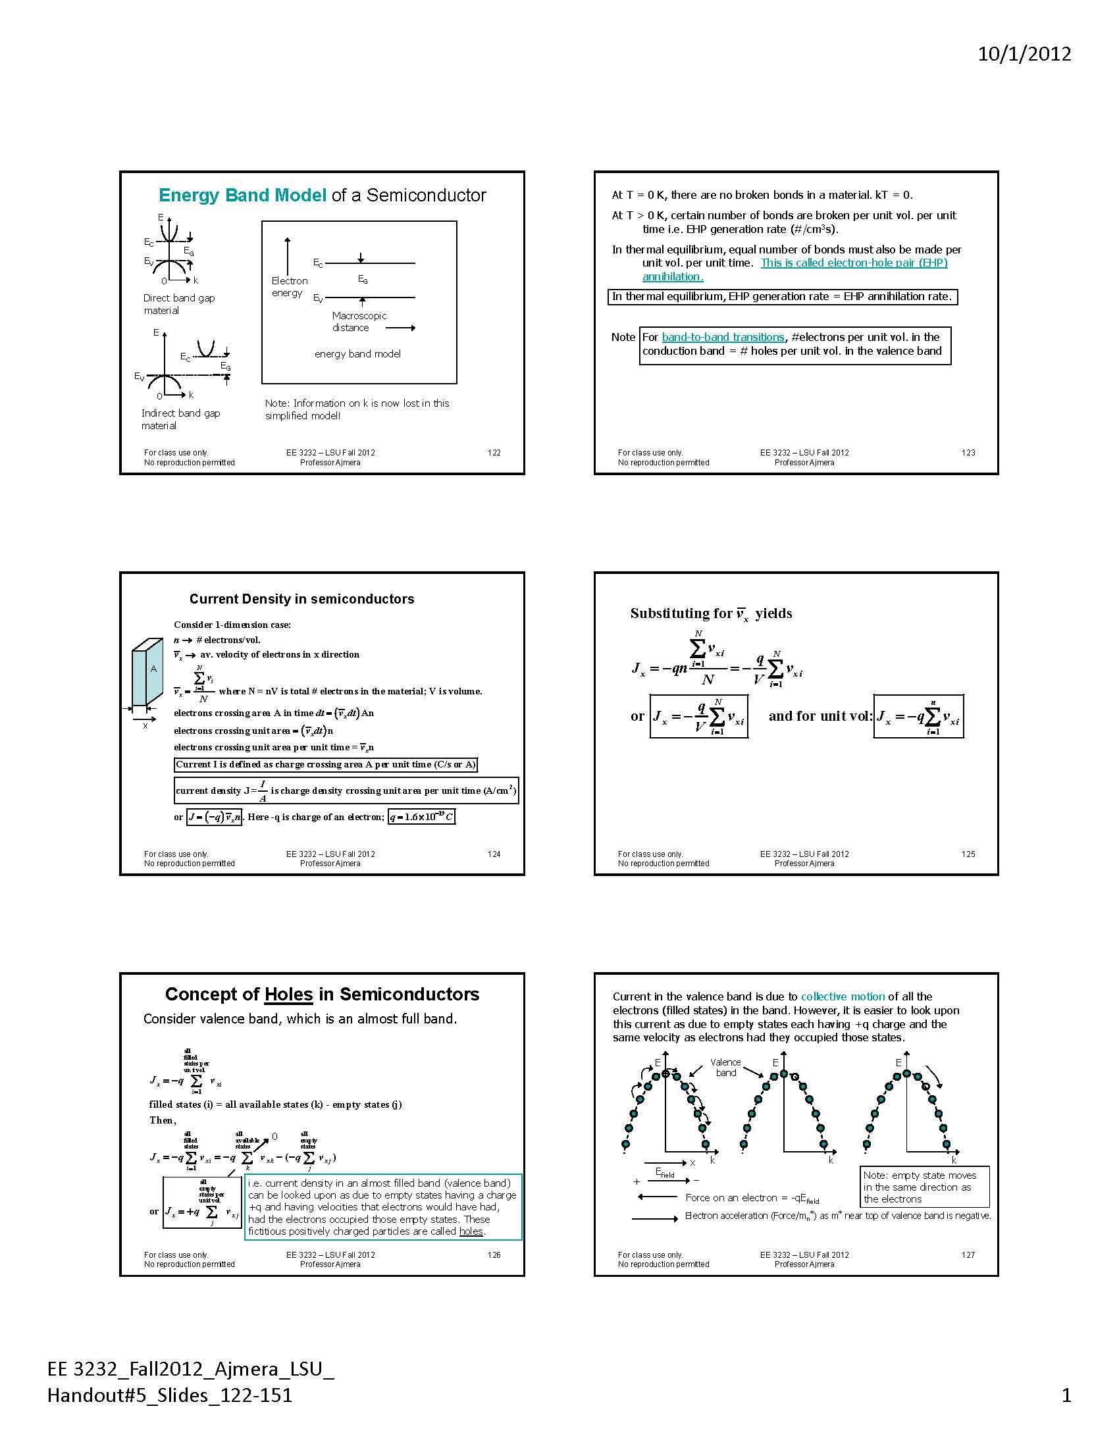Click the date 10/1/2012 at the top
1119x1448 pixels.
pos(1024,54)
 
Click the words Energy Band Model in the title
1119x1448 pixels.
pos(242,195)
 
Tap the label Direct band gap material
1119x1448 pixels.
pos(178,304)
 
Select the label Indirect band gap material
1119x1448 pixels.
pos(180,419)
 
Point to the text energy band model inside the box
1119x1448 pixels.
pos(357,354)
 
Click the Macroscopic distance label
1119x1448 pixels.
pos(359,322)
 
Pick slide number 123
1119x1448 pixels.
pos(968,453)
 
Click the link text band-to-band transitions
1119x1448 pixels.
pos(723,337)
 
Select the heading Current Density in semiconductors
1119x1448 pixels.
pos(301,599)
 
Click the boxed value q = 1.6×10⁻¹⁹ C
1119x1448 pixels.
pos(422,817)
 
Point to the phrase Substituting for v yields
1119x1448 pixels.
pos(711,613)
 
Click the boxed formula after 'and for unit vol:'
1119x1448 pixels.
pos(918,717)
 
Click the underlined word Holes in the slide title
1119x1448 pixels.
pos(288,995)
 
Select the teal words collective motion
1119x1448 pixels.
pos(843,996)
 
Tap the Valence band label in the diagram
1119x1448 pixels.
pos(725,1068)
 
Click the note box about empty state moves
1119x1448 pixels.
pos(924,1187)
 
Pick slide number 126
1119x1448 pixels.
pos(494,1255)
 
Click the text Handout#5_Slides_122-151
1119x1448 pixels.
pos(170,1395)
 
